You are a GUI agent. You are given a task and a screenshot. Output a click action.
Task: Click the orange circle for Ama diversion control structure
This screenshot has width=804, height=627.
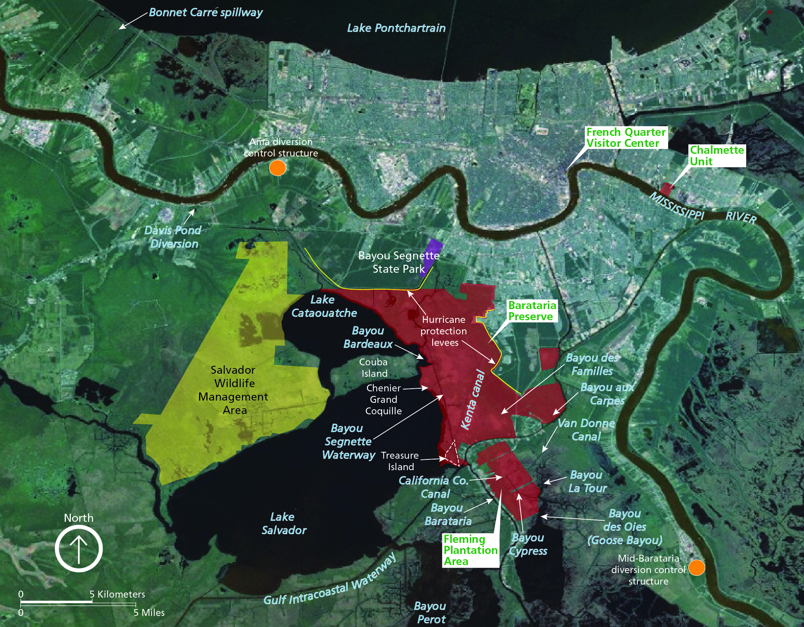click(278, 168)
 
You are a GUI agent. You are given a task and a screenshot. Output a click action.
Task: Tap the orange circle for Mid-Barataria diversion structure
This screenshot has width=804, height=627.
click(696, 568)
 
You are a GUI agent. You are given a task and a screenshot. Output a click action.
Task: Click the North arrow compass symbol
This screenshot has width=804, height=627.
click(79, 549)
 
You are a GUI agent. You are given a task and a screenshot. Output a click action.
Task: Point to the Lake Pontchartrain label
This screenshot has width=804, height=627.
click(396, 28)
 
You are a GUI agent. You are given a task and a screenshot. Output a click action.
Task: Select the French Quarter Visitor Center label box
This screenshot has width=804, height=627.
click(626, 138)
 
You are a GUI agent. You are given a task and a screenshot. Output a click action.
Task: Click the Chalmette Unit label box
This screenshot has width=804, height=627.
click(717, 156)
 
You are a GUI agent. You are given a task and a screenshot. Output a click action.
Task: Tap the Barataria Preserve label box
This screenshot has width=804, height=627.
click(532, 311)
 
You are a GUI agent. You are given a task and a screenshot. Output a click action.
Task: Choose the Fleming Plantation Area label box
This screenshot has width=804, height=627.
click(471, 550)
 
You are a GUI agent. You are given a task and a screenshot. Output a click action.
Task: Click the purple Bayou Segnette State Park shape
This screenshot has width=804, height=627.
click(431, 256)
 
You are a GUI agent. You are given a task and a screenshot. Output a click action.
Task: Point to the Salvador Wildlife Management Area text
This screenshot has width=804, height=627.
click(233, 390)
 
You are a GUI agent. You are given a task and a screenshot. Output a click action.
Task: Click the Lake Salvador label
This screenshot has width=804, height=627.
click(284, 523)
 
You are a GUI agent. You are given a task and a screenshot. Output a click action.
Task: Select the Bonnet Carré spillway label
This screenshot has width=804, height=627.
click(206, 13)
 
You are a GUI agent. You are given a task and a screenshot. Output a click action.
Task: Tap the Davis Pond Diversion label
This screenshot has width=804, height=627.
click(173, 237)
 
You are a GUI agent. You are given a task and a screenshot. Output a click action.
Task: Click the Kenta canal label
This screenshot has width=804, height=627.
click(472, 400)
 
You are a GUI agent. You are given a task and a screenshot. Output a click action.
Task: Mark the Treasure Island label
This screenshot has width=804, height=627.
click(400, 461)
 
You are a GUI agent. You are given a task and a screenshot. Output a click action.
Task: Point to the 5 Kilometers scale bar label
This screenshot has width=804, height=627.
click(117, 594)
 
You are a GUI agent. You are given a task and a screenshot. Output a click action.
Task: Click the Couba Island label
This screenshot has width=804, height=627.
click(374, 368)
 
